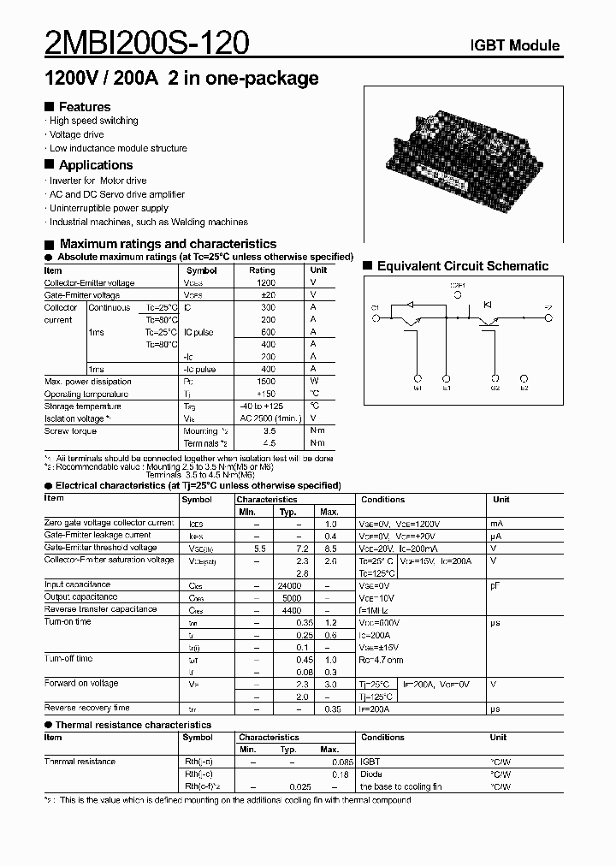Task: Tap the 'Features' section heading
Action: [x=84, y=107]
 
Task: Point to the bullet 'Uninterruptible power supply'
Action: [x=109, y=208]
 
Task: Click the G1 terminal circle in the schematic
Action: [x=418, y=377]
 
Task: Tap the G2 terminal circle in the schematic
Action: [x=495, y=377]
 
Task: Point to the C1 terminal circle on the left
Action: [x=375, y=317]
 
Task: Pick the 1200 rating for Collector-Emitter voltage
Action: [x=267, y=282]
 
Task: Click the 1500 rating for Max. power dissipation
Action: [x=267, y=382]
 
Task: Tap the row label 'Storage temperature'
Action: [x=82, y=406]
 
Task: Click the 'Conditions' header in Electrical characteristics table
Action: [x=382, y=499]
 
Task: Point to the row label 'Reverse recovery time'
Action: [x=86, y=708]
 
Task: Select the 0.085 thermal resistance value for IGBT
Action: [x=341, y=761]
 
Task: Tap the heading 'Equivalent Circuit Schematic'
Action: [x=462, y=266]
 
